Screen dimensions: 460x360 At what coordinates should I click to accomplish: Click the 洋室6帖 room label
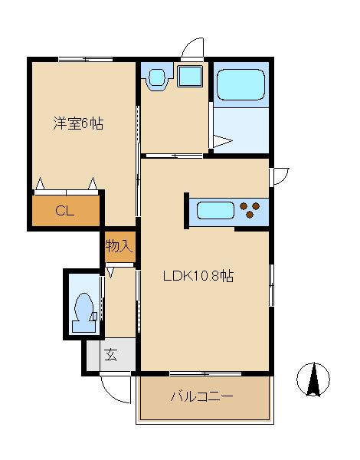tap(78, 123)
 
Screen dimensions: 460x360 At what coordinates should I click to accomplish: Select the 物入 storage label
tap(120, 246)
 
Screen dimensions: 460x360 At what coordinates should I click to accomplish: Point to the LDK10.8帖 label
tap(198, 278)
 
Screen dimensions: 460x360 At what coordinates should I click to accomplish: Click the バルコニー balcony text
tap(201, 396)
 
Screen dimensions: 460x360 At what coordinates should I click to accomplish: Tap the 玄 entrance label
tap(111, 355)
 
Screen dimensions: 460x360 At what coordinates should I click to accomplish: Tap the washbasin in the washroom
tap(158, 77)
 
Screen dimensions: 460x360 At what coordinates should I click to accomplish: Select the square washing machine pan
tap(189, 77)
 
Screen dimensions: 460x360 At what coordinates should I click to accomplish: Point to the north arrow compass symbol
tap(313, 378)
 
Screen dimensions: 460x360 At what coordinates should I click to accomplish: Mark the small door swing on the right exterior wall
tap(280, 176)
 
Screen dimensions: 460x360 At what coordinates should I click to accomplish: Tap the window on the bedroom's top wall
tap(84, 59)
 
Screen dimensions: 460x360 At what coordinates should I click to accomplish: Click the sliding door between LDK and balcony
tap(204, 373)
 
